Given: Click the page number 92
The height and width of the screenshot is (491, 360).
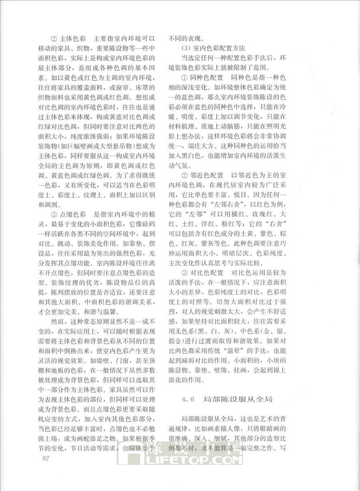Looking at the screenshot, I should point(44,459).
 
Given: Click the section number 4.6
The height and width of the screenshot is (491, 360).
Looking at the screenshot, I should point(187,399).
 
